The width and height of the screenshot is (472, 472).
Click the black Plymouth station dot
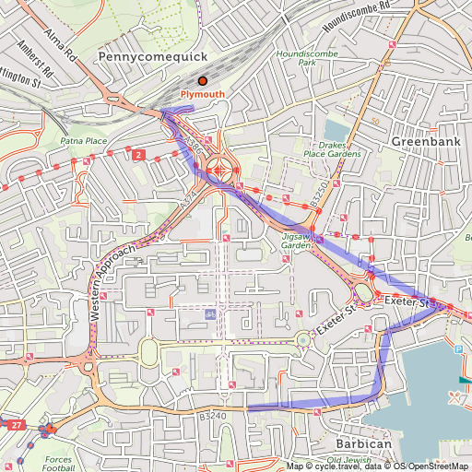click(x=203, y=81)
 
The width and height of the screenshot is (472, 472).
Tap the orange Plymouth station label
click(x=202, y=95)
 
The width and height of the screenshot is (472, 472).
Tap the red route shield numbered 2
click(x=137, y=154)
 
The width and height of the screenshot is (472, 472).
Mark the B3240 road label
click(x=211, y=416)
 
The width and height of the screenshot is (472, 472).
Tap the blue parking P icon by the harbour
click(x=458, y=349)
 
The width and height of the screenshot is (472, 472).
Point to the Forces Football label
click(x=58, y=464)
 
